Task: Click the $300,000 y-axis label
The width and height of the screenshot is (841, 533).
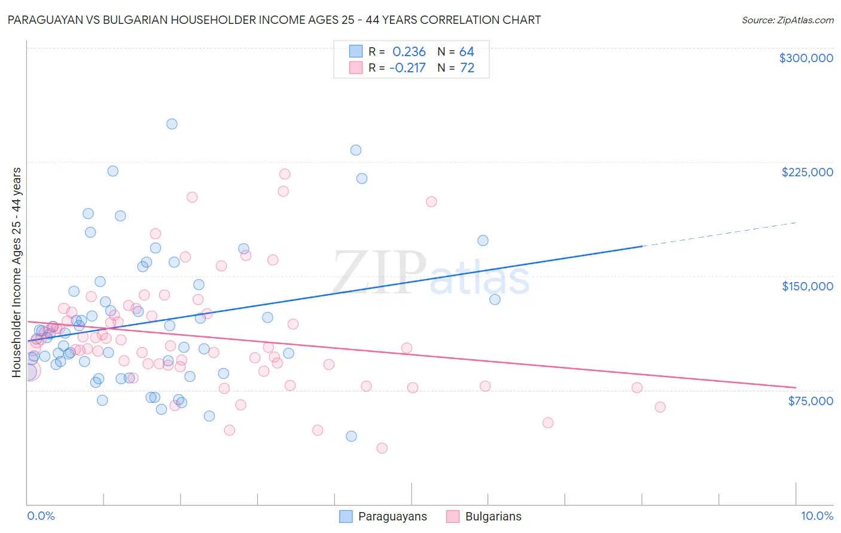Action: click(806, 58)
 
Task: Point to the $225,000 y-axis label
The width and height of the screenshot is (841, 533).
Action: click(807, 172)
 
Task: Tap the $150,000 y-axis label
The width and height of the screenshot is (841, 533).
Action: click(807, 286)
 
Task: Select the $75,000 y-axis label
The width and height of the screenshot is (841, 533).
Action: click(810, 401)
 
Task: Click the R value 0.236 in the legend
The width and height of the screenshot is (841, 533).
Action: click(409, 52)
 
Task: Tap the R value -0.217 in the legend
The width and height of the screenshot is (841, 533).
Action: click(407, 68)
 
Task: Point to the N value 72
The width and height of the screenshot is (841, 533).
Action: click(467, 68)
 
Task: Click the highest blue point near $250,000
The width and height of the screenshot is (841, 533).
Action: click(172, 124)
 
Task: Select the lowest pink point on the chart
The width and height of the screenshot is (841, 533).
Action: click(382, 448)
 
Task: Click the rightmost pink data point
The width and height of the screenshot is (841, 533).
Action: click(660, 407)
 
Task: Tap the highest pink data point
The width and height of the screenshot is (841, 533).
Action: click(285, 174)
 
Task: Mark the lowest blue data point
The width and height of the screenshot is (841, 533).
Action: click(351, 436)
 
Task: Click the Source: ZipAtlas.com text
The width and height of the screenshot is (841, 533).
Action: click(787, 20)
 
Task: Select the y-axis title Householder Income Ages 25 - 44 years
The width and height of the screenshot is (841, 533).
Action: click(17, 272)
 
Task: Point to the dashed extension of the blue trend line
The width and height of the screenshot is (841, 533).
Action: click(718, 234)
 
